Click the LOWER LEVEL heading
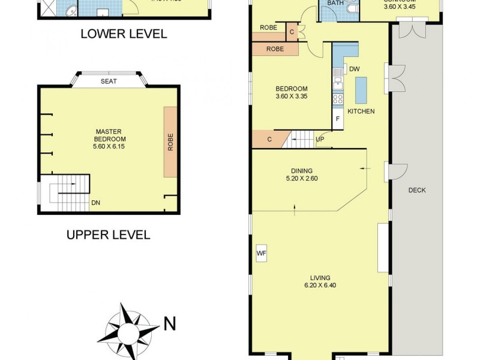(123, 34)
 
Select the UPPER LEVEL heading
(108, 234)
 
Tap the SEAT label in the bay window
(109, 82)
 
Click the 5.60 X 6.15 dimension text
(109, 146)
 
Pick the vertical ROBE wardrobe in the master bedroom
(170, 142)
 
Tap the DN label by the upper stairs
(95, 203)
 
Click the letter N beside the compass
(170, 325)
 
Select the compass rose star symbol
(127, 330)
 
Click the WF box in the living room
(261, 254)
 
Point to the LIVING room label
(320, 277)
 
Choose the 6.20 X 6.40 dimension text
(320, 286)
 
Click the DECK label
(416, 190)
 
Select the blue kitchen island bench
(361, 91)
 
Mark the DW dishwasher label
(354, 69)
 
